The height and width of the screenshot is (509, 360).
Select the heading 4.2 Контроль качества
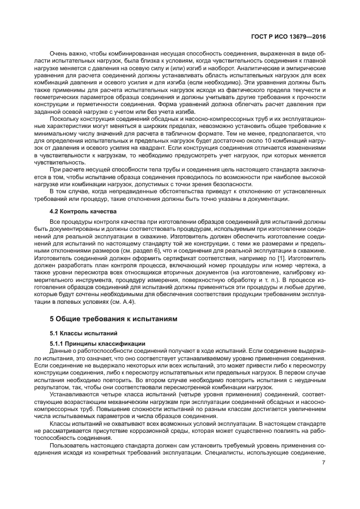pos(81,210)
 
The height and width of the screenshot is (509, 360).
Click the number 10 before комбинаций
pos(245,139)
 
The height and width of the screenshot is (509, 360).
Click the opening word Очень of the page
pos(58,54)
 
